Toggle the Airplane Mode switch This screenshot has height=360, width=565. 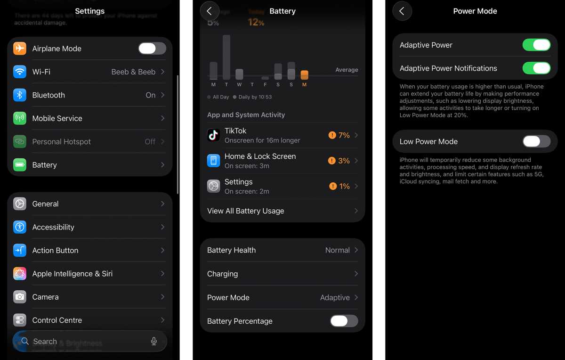152,49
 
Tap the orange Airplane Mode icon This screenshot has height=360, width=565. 20,49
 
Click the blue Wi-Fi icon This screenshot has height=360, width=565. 20,72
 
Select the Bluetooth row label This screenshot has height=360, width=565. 48,95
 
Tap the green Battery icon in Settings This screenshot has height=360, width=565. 20,165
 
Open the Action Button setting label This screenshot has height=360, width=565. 55,250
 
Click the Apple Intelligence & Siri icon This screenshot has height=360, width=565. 20,274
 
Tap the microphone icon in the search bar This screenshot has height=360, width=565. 153,342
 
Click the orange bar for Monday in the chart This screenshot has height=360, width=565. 304,75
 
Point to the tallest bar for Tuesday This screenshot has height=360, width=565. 226,57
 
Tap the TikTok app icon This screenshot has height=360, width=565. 214,135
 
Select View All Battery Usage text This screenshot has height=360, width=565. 245,211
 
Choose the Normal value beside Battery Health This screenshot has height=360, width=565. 337,250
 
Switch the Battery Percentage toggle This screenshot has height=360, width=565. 344,321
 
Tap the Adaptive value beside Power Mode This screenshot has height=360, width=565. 335,297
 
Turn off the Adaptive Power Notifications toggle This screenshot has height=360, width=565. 536,68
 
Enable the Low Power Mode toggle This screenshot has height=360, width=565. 536,141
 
